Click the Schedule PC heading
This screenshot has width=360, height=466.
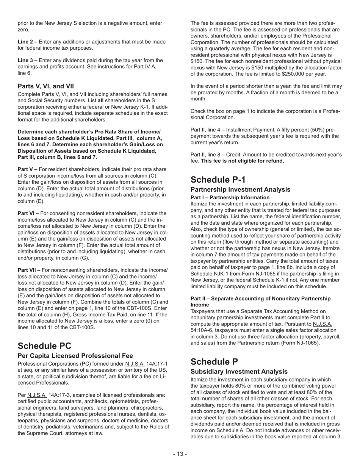pos(44,346)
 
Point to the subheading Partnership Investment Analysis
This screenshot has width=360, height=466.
pos(240,189)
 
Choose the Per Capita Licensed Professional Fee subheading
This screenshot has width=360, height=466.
pos(75,356)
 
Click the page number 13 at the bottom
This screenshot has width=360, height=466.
pos(180,454)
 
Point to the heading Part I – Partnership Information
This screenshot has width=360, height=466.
pos(230,197)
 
